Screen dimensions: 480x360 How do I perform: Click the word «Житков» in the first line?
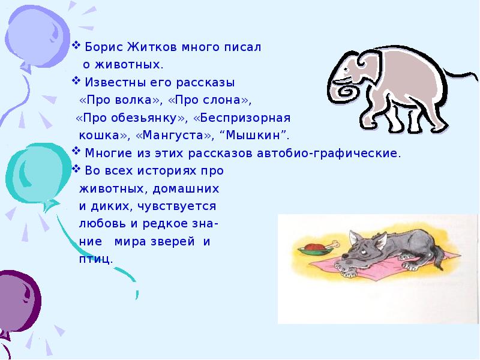152,47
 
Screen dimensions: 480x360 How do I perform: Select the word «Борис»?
104,47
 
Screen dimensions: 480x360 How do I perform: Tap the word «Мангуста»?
173,135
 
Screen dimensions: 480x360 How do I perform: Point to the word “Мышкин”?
253,135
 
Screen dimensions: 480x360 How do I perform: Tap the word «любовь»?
102,223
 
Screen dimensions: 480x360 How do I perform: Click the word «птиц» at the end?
94,260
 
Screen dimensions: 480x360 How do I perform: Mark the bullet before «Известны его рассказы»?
76,81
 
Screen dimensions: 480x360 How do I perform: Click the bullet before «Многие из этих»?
76,151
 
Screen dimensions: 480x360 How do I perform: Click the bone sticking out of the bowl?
332,245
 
